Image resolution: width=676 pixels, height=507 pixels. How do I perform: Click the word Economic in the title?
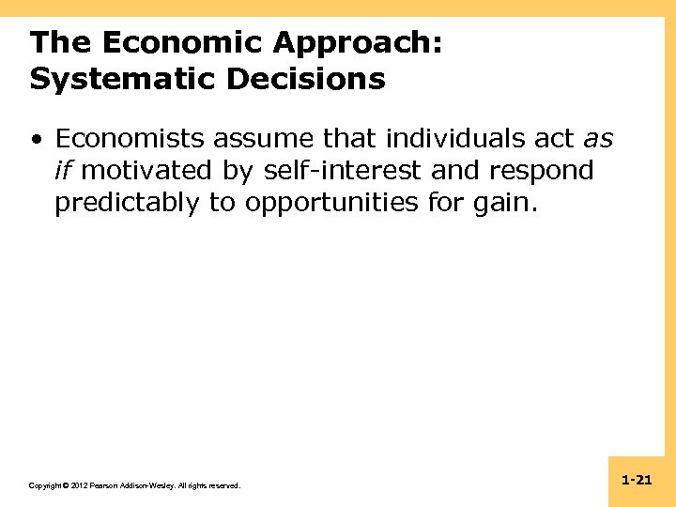click(x=176, y=43)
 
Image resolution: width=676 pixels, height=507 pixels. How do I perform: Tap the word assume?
click(x=264, y=140)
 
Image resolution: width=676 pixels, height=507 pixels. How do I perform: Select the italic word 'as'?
click(x=599, y=140)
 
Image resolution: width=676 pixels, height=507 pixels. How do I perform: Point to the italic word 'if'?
click(x=64, y=171)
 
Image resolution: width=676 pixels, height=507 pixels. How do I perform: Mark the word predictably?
click(x=127, y=203)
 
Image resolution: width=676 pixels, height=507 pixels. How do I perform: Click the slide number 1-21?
click(x=637, y=481)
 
